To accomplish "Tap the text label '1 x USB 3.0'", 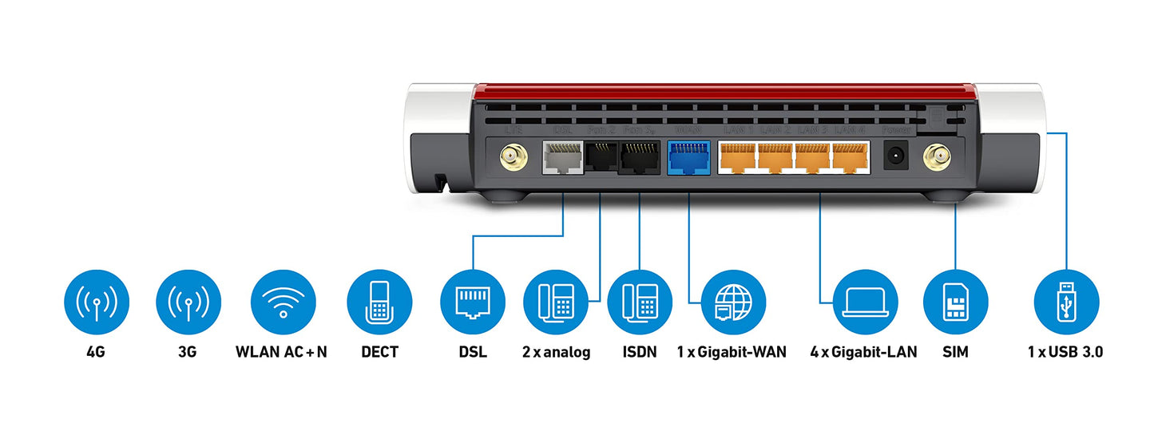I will pos(1065,352).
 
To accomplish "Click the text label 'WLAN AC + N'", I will pos(282,352).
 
